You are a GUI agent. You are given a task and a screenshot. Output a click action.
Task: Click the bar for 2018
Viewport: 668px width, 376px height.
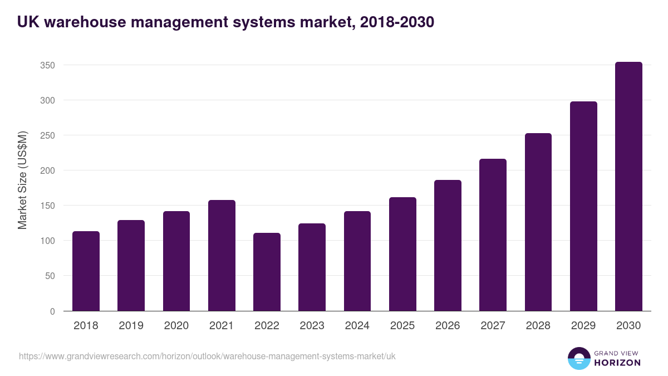point(86,271)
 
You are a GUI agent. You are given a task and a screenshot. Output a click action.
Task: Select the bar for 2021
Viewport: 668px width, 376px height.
point(222,256)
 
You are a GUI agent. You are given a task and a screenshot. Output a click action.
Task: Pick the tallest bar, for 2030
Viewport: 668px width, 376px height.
point(628,187)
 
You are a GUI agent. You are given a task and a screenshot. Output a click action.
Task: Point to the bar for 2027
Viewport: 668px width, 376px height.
point(493,235)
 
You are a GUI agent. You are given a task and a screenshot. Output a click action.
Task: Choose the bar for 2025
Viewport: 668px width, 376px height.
point(402,254)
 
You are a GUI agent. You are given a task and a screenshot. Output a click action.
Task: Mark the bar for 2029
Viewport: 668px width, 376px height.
point(583,206)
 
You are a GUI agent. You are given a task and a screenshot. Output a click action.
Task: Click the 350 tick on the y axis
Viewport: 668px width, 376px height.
point(47,65)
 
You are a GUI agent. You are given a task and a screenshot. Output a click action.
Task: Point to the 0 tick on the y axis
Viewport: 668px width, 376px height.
point(52,311)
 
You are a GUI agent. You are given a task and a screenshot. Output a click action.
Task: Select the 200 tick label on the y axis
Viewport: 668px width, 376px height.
point(47,170)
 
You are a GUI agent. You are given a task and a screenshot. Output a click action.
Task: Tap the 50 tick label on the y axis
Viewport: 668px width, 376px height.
point(50,276)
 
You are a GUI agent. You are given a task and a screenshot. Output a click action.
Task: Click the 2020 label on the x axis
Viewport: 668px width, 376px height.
point(176,326)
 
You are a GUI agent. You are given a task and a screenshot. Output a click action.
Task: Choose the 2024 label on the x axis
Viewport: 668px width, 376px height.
point(357,326)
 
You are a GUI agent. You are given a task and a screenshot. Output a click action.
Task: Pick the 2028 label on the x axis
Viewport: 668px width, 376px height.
point(538,326)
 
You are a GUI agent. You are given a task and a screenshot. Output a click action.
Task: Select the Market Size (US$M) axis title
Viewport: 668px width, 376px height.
point(22,180)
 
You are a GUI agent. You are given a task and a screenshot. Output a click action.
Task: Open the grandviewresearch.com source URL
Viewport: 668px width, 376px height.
point(207,356)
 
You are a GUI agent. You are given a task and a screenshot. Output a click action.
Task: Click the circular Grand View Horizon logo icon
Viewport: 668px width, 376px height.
point(578,358)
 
